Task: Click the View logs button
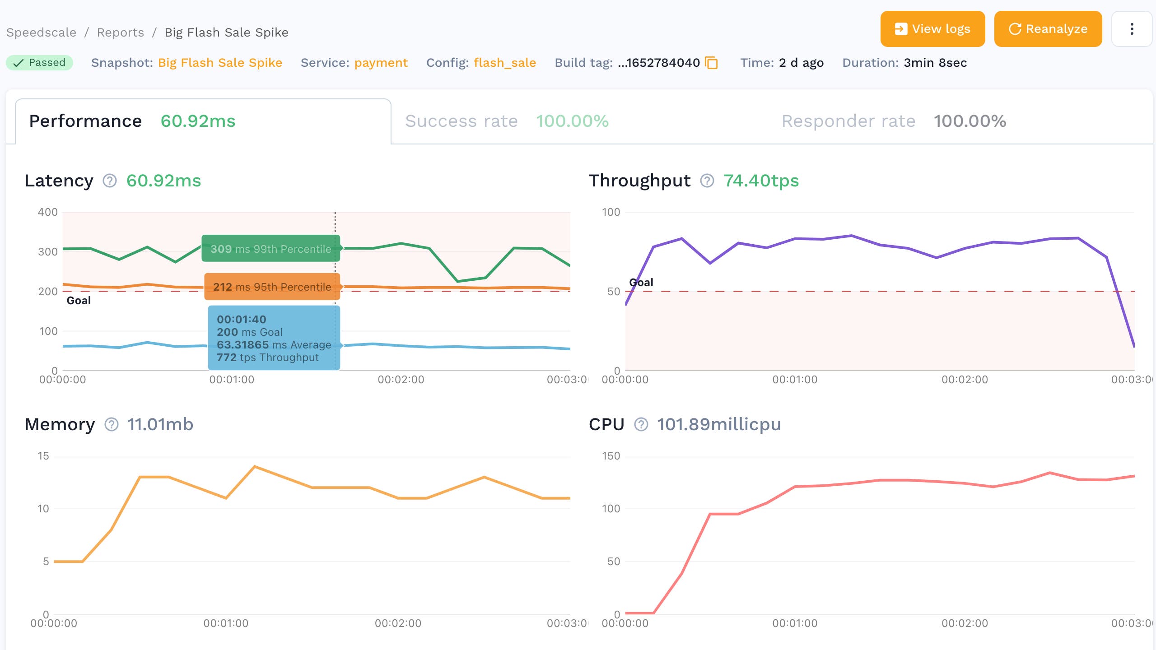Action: tap(932, 29)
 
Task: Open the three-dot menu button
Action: tap(1131, 29)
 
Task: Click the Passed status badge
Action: tap(40, 62)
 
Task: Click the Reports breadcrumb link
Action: tap(120, 32)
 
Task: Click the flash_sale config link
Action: tap(504, 63)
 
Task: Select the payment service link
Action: tap(381, 63)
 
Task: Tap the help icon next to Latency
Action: tap(110, 181)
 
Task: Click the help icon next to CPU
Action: tap(641, 424)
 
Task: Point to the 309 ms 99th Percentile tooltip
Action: tap(270, 249)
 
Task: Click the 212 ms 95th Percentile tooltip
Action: tap(272, 287)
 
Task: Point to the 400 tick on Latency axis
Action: tap(47, 212)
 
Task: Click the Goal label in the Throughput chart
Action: tap(641, 283)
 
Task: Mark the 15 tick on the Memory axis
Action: tap(43, 456)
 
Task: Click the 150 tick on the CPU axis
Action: tap(611, 456)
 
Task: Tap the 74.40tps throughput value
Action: tap(761, 181)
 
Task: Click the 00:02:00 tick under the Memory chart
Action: tap(398, 623)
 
